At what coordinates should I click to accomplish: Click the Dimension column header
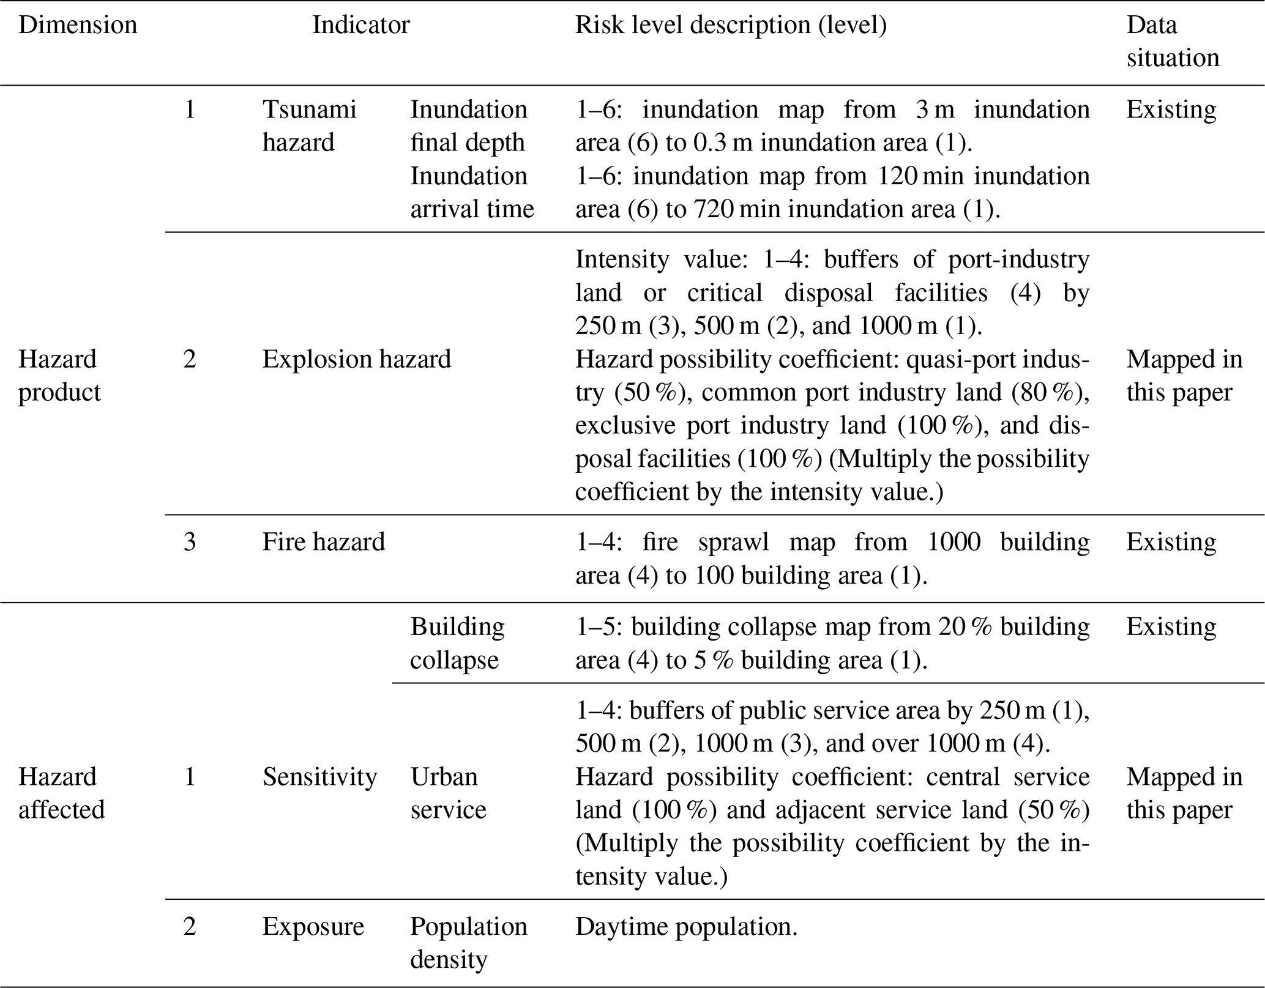[78, 25]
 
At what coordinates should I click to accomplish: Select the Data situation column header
[1172, 41]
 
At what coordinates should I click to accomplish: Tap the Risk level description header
[731, 25]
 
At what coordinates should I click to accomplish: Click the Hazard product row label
[59, 375]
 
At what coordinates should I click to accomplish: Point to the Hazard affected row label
[61, 793]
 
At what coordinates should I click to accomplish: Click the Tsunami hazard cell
[308, 126]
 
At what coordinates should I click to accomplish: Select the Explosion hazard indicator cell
[356, 359]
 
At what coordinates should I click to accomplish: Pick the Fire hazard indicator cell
[324, 542]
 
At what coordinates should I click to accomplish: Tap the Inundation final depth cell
[468, 126]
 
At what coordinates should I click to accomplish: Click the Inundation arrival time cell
[472, 192]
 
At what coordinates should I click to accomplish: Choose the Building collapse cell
[457, 643]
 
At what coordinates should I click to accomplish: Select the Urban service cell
[448, 793]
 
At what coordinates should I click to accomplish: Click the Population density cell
[468, 943]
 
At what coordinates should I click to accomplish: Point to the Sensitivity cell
[319, 777]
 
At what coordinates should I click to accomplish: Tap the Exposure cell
[313, 926]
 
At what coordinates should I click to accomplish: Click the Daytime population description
[686, 926]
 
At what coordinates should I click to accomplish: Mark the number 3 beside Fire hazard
[190, 542]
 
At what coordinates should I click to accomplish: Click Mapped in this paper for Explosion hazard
[1184, 375]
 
